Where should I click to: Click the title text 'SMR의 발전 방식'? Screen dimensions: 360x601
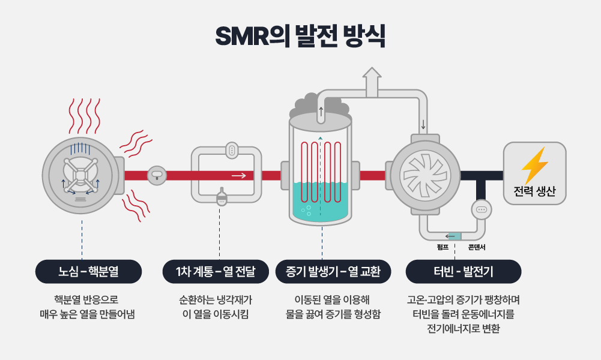pyautogui.click(x=300, y=35)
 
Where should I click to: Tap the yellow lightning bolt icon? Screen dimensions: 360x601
pyautogui.click(x=534, y=165)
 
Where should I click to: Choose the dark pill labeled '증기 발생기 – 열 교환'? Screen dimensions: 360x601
pyautogui.click(x=333, y=272)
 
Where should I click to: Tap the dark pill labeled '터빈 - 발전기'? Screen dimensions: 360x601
pyautogui.click(x=463, y=272)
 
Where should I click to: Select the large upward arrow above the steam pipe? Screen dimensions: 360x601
pyautogui.click(x=372, y=80)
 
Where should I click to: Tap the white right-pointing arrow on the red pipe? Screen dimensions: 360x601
pyautogui.click(x=238, y=176)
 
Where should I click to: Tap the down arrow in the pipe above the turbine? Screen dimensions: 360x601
pyautogui.click(x=423, y=124)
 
